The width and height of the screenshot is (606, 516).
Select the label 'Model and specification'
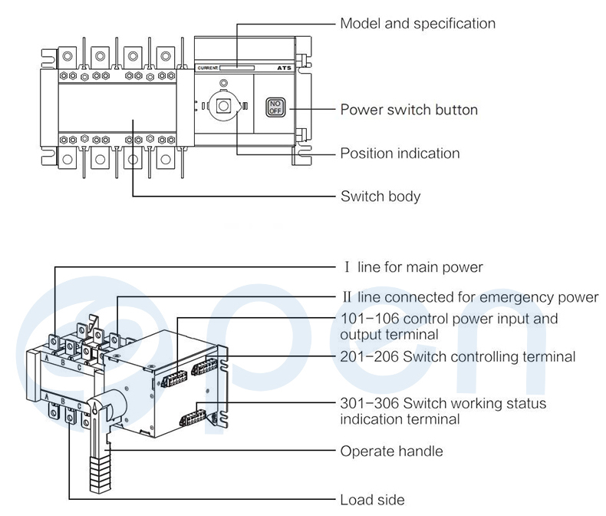click(417, 24)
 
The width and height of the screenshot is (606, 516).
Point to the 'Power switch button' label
click(409, 110)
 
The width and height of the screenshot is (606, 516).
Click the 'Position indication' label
click(400, 153)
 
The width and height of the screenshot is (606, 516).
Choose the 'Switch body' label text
click(380, 197)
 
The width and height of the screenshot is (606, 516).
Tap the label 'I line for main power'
click(413, 267)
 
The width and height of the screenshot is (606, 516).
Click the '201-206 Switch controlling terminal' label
click(457, 356)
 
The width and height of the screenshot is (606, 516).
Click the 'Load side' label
click(372, 500)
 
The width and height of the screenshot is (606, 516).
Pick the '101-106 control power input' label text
click(449, 319)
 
